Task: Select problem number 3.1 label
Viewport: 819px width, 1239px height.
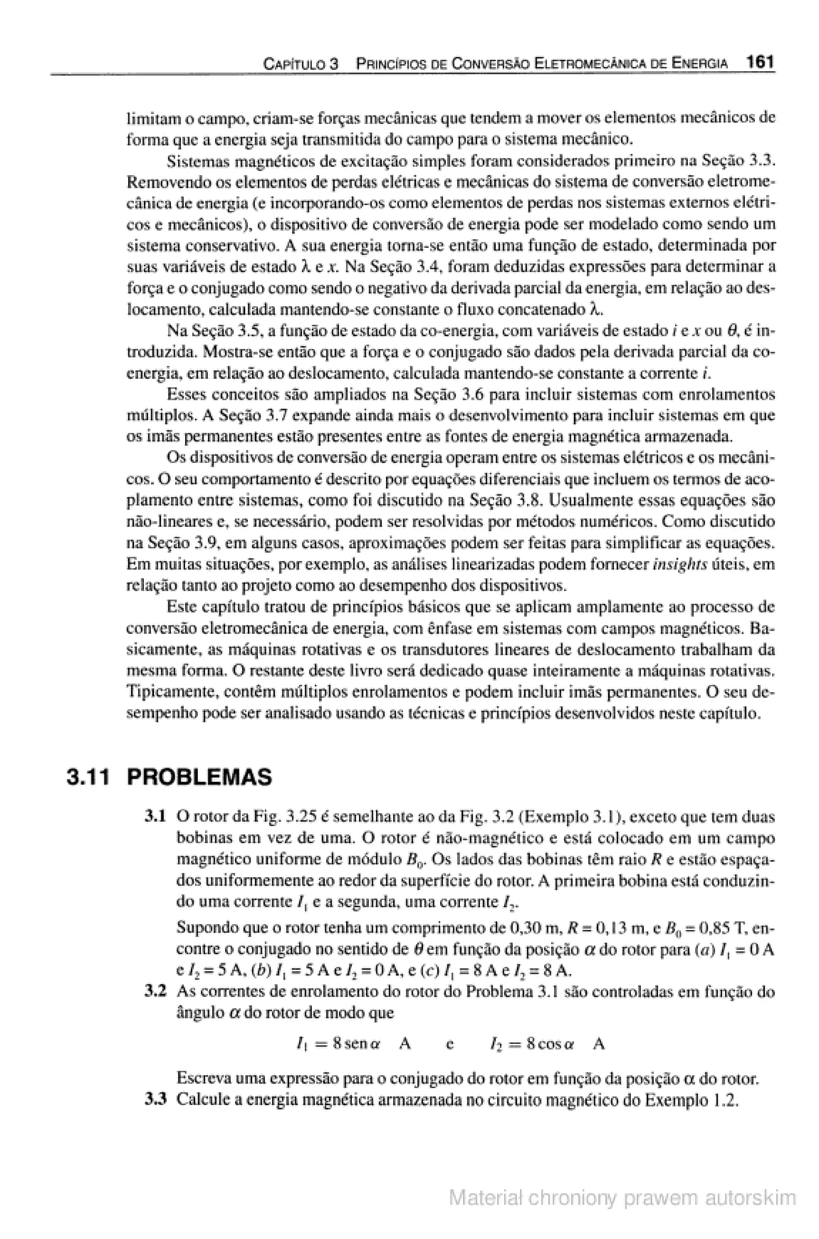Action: (155, 816)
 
